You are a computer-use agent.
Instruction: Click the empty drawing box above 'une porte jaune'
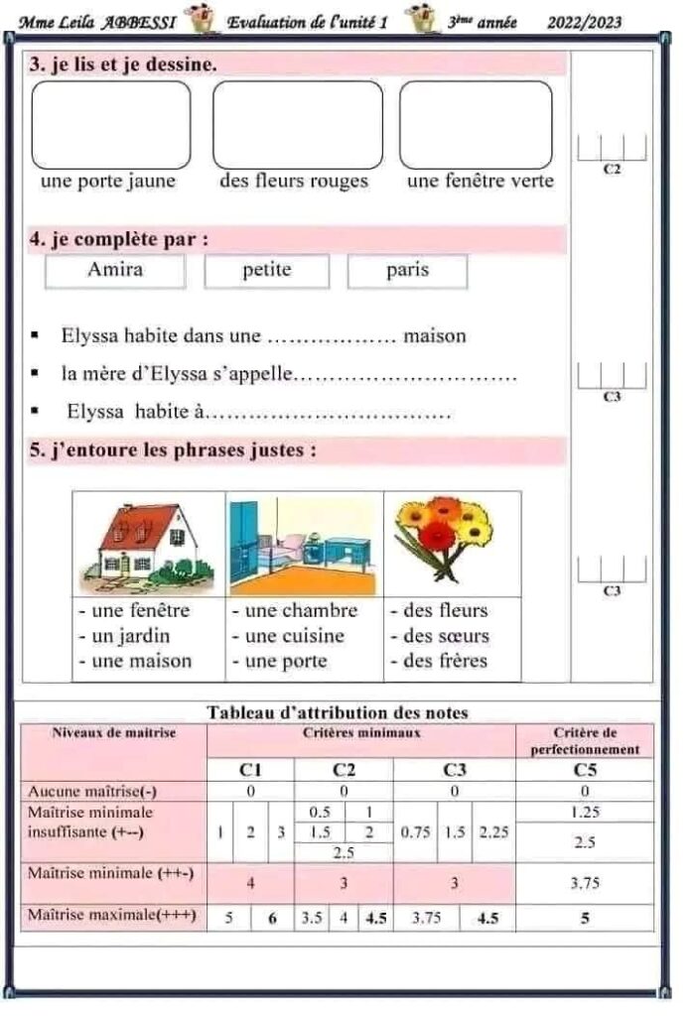(111, 124)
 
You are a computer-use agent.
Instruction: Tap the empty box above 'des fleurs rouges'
(297, 124)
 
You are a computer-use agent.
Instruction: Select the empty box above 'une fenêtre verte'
(476, 124)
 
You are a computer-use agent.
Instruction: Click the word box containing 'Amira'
(115, 270)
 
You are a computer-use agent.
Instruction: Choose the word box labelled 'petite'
(267, 270)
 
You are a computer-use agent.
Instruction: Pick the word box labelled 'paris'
(407, 270)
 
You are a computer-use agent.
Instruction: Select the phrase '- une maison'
(136, 661)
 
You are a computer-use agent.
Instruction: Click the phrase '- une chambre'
(295, 610)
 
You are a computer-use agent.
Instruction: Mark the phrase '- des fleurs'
(439, 610)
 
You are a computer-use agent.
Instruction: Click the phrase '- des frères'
(439, 661)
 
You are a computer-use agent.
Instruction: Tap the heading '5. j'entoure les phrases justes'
(174, 450)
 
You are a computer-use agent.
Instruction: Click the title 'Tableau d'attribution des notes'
(338, 712)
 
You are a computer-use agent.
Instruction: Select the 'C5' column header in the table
(585, 769)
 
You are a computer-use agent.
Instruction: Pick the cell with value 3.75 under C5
(585, 882)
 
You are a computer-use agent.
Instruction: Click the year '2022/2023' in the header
(585, 23)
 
